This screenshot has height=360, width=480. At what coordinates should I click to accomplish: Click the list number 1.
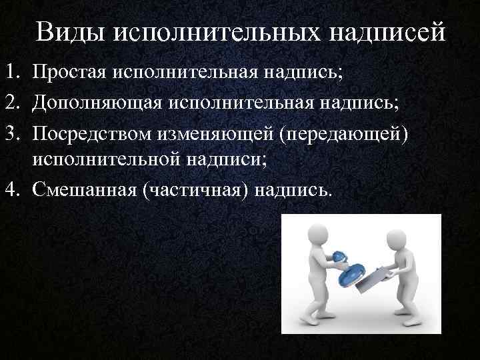(x=14, y=73)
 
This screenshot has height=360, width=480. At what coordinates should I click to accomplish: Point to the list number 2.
(x=14, y=102)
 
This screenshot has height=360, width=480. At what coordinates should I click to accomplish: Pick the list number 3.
(x=14, y=132)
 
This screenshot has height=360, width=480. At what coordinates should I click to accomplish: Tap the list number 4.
(x=14, y=191)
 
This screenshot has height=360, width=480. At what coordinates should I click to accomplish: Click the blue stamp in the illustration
(x=347, y=267)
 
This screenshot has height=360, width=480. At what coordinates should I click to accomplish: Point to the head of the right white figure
(x=396, y=239)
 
